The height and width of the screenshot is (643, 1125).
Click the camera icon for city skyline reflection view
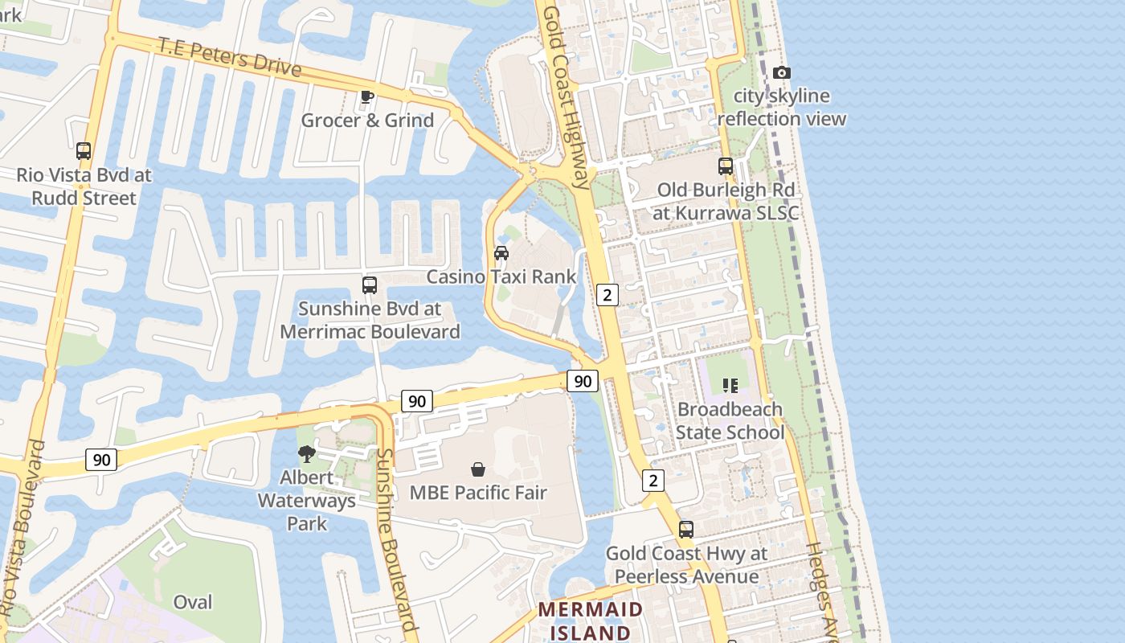coord(781,73)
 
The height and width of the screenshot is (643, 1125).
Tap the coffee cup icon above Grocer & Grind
coord(367,97)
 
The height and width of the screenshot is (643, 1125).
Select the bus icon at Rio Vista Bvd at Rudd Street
coord(84,150)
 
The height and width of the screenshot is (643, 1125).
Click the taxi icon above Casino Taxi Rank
coord(501,253)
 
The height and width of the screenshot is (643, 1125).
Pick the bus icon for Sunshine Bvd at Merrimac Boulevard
coord(370,285)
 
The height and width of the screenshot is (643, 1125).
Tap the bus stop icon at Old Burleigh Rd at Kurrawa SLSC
coord(726,166)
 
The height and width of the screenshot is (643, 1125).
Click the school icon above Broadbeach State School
coord(730,386)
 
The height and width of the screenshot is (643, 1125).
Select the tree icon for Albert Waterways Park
coord(306,454)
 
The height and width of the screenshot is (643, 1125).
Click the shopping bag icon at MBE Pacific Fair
coord(478,469)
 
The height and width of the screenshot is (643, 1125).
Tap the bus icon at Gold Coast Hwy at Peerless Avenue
coord(686,530)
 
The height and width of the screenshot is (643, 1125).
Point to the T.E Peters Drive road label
coord(230,56)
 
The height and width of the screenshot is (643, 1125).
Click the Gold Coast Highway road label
coord(566,96)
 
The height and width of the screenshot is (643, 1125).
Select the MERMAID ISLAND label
coord(591,620)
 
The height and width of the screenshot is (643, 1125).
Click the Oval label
coord(193,602)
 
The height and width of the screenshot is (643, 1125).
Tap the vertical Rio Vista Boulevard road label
coord(24,530)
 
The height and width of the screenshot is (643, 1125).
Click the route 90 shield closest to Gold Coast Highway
coord(583,381)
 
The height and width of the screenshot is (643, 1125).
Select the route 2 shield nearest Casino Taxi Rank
coord(607,295)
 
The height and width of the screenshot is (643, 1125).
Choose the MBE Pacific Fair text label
coord(478,493)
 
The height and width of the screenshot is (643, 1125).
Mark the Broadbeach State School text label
coord(730,421)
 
